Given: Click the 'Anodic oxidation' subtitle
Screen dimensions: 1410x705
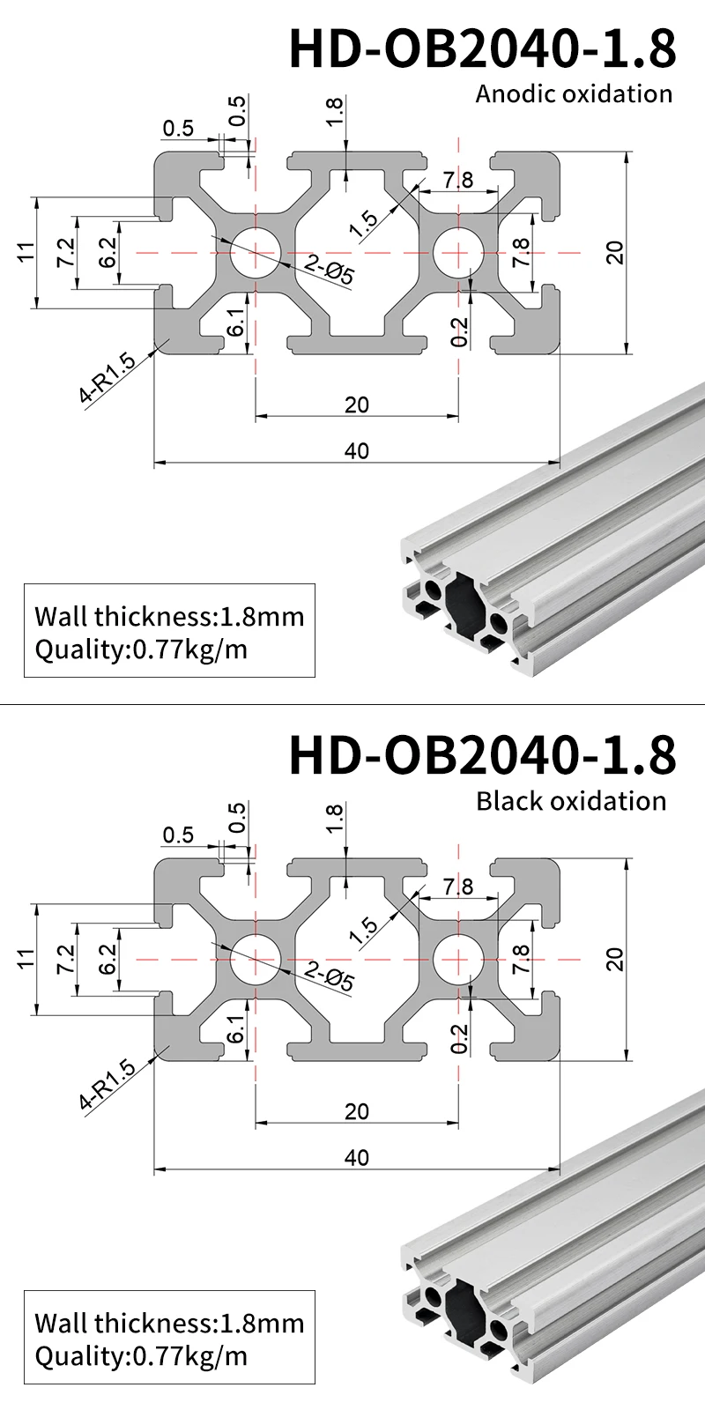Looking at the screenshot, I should coord(574,93).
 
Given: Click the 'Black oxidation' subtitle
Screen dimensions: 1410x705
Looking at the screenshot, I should coord(571,801).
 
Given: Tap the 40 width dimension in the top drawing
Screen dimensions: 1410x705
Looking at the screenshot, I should coord(357,450).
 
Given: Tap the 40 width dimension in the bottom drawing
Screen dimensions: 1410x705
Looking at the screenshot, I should coord(357,1157).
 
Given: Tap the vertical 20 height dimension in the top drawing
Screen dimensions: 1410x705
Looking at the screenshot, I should coord(616,252).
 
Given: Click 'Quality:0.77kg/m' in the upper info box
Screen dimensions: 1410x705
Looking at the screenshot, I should coord(141,649).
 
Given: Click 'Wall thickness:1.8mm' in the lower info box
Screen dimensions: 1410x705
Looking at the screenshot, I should coord(169,1323).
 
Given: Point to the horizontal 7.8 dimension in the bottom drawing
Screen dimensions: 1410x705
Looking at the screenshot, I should coord(458,887).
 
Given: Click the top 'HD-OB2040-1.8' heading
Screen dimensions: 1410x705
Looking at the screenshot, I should coord(483,49).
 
